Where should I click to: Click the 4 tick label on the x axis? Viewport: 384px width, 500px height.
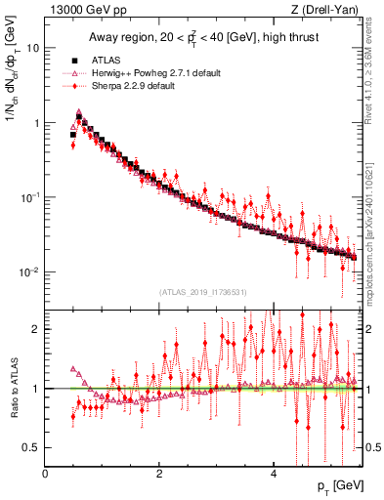[x=274, y=473]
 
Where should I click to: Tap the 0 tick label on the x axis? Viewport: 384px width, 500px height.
[x=46, y=473]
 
